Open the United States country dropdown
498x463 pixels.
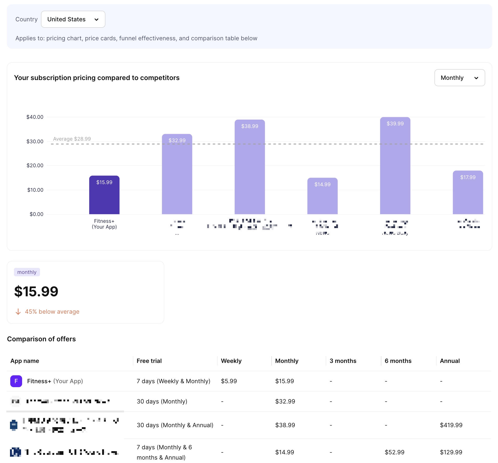pyautogui.click(x=73, y=19)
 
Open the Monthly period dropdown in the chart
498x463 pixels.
pyautogui.click(x=459, y=78)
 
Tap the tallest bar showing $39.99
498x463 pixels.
pyautogui.click(x=395, y=166)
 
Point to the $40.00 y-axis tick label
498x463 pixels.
pyautogui.click(x=35, y=117)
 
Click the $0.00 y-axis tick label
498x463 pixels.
pyautogui.click(x=36, y=214)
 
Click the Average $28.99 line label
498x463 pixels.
pyautogui.click(x=72, y=139)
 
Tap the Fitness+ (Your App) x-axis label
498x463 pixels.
pyautogui.click(x=104, y=224)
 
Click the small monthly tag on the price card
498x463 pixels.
pyautogui.click(x=27, y=272)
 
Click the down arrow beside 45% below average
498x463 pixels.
pyautogui.click(x=18, y=312)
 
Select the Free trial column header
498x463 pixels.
pyautogui.click(x=149, y=361)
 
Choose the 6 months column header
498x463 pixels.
pyautogui.click(x=398, y=361)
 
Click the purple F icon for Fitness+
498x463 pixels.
pyautogui.click(x=16, y=381)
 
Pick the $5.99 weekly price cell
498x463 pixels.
pyautogui.click(x=229, y=381)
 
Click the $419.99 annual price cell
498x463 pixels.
pyautogui.click(x=451, y=425)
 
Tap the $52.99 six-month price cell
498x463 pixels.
pyautogui.click(x=394, y=452)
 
